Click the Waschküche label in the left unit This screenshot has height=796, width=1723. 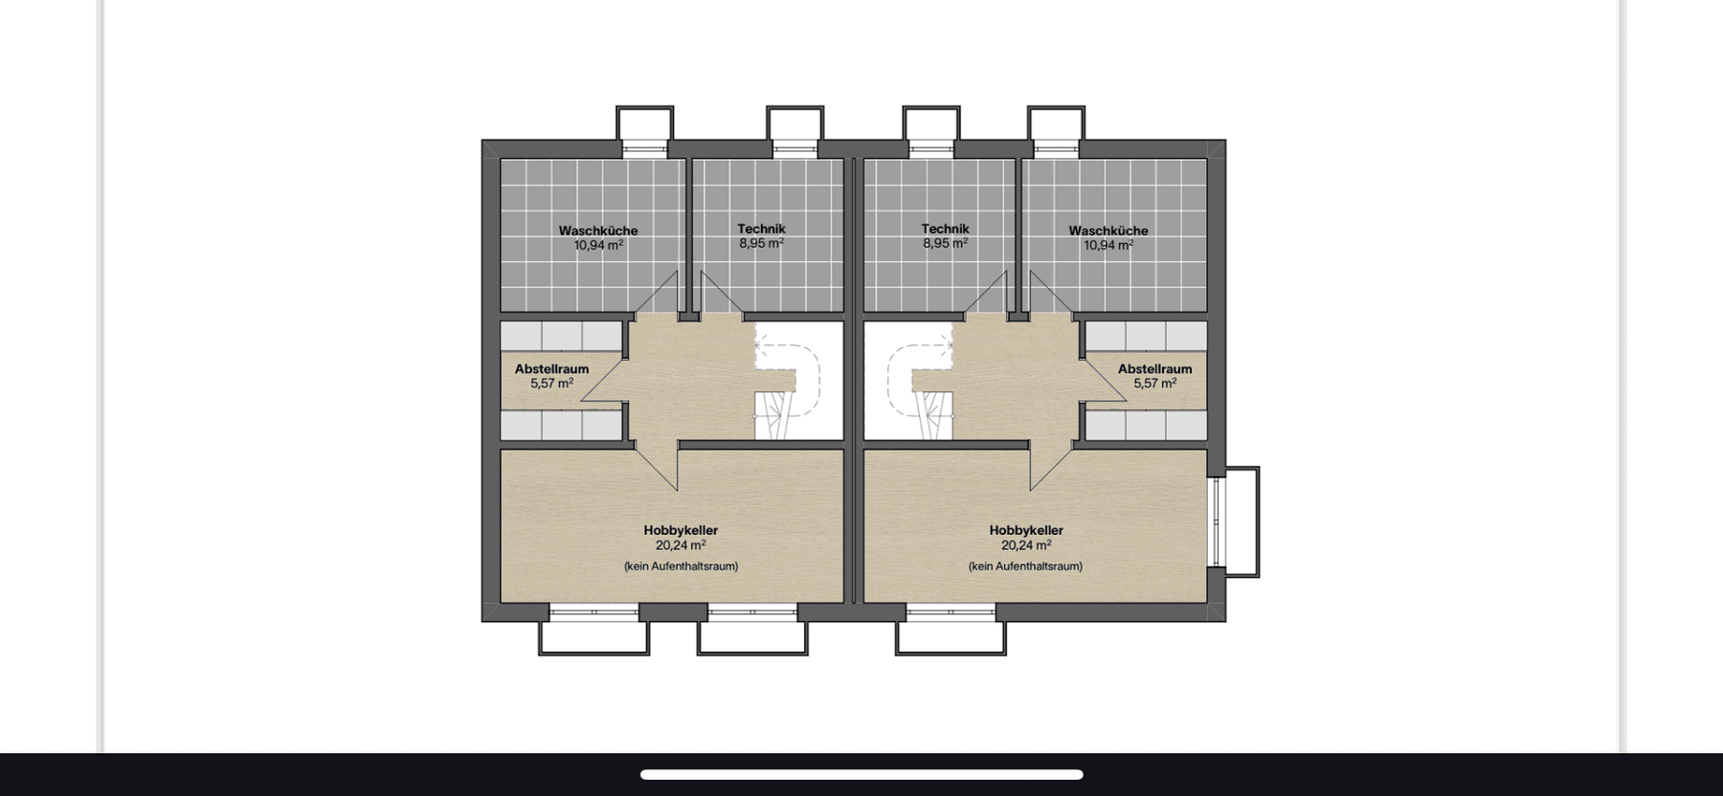click(597, 231)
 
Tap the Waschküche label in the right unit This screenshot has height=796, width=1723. click(1108, 231)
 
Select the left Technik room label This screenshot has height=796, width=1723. click(761, 229)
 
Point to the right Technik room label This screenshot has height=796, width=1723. click(945, 229)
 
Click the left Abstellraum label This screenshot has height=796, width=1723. click(551, 368)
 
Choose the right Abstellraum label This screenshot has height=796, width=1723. click(1154, 368)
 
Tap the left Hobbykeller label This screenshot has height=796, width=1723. click(680, 530)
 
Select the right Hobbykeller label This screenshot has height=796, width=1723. click(1026, 530)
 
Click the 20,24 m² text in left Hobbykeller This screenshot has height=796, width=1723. click(680, 545)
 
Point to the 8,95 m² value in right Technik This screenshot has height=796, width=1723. click(945, 244)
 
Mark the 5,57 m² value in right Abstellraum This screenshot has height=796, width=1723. click(1154, 384)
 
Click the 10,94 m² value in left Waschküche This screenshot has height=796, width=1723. click(597, 246)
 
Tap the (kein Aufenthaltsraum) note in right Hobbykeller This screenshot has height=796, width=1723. click(1025, 566)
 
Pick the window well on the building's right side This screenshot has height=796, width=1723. click(1242, 521)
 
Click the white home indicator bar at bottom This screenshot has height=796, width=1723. click(861, 774)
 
